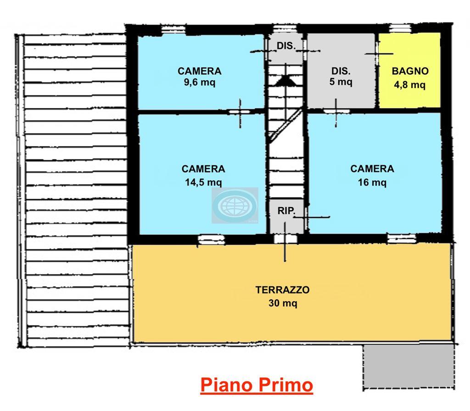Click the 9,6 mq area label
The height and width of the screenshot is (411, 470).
click(x=200, y=82)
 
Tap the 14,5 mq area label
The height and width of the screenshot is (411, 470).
click(x=203, y=182)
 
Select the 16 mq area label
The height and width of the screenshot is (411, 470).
click(x=372, y=182)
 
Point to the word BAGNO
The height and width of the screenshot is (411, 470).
click(x=410, y=71)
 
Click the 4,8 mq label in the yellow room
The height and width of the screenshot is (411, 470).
click(x=410, y=85)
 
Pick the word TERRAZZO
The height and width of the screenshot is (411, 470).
click(x=282, y=290)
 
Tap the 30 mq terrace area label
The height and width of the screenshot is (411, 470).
click(x=283, y=303)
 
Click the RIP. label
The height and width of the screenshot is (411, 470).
click(x=286, y=211)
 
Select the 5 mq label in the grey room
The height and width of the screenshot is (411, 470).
click(x=341, y=82)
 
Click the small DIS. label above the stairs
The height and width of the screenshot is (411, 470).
click(x=286, y=46)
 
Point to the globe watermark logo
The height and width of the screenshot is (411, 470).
click(x=235, y=206)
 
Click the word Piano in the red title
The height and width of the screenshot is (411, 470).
click(x=226, y=385)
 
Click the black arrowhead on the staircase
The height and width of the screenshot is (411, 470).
click(x=285, y=81)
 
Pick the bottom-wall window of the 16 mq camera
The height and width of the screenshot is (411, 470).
click(x=402, y=238)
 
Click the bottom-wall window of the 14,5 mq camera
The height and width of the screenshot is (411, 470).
click(x=211, y=239)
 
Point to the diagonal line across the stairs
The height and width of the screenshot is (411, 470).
click(x=285, y=125)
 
